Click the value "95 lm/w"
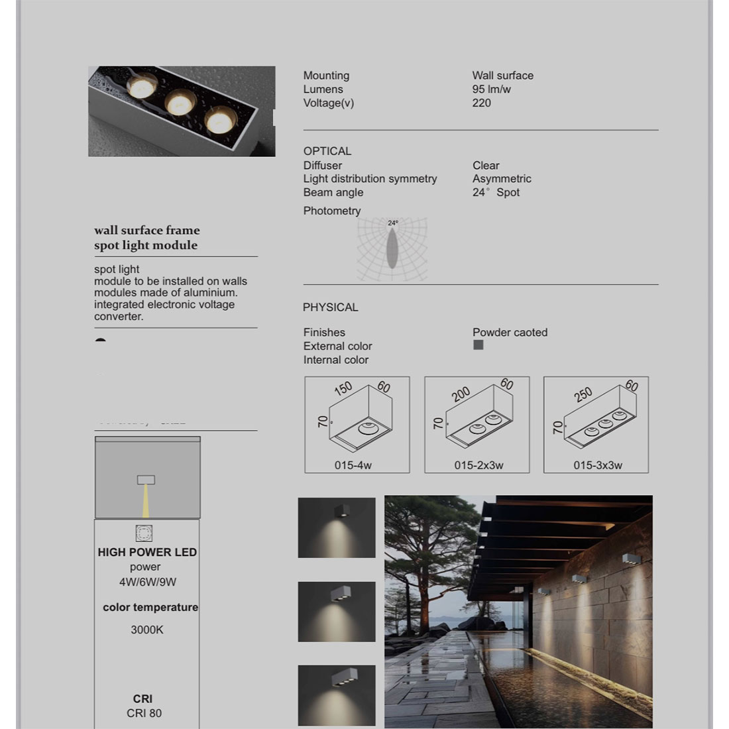(x=491, y=89)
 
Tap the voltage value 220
(x=482, y=103)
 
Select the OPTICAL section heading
(x=327, y=151)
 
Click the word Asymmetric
(x=502, y=179)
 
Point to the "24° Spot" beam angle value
(x=496, y=193)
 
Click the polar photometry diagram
(x=392, y=250)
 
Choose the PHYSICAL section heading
(x=330, y=308)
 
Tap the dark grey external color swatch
(x=478, y=345)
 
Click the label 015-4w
(x=353, y=465)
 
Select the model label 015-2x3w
(x=478, y=465)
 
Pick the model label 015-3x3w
(x=598, y=465)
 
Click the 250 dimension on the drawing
(x=583, y=395)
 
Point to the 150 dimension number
(x=343, y=388)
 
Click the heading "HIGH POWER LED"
(x=147, y=552)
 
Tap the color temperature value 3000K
(x=147, y=630)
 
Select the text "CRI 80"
(x=144, y=713)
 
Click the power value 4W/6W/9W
(x=147, y=582)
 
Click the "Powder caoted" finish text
(x=510, y=333)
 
